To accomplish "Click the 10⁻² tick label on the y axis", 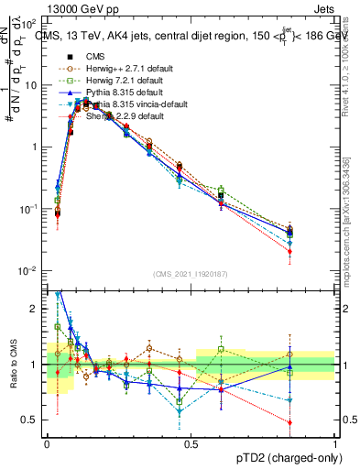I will click(29, 270).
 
